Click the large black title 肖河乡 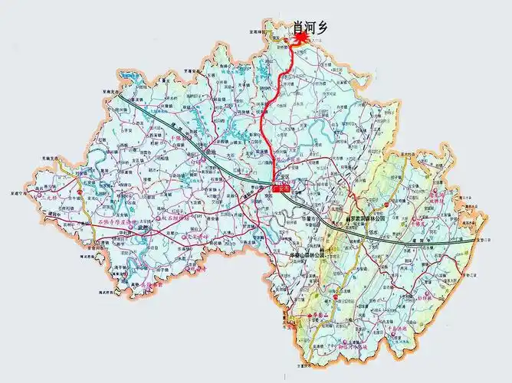point(311,28)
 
